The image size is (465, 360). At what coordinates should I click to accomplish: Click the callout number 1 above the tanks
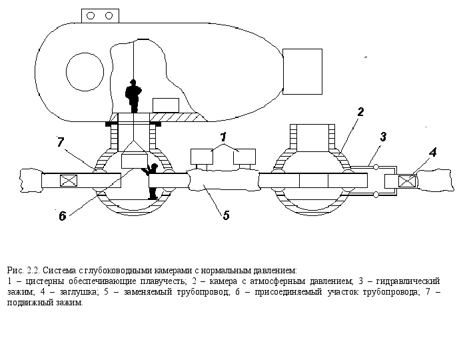tap(223, 136)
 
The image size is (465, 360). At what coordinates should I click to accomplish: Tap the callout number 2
tap(360, 112)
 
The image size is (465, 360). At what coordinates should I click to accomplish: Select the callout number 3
tap(383, 137)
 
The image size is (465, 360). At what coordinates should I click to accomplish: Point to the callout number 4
tap(432, 153)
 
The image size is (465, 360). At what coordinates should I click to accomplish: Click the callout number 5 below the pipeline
tap(227, 215)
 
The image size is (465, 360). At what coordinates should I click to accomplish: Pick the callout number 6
tap(62, 215)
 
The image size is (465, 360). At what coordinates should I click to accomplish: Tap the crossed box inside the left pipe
tap(69, 181)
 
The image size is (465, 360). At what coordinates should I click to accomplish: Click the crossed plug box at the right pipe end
tap(406, 181)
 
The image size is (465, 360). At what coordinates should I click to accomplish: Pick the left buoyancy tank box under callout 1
tap(202, 157)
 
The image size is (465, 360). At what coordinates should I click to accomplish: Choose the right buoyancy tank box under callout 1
tap(244, 157)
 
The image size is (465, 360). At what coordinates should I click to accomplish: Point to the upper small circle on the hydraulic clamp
tap(376, 166)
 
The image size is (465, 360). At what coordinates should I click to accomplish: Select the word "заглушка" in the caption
tap(81, 292)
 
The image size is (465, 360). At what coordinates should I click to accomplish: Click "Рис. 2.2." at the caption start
tap(23, 271)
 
